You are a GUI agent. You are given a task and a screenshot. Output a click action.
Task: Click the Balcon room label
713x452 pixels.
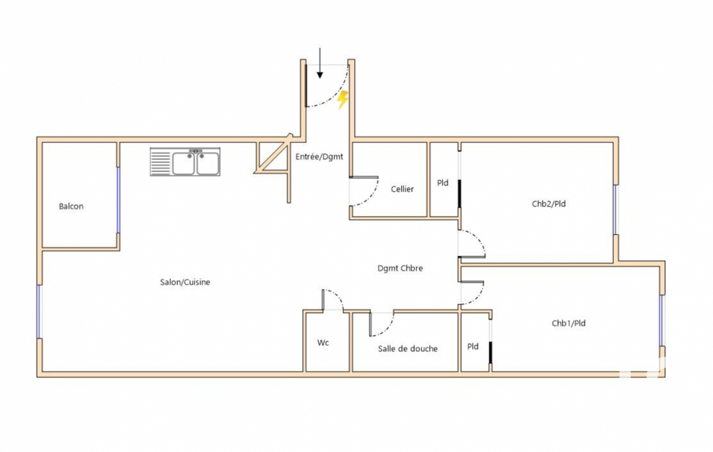pyautogui.click(x=71, y=207)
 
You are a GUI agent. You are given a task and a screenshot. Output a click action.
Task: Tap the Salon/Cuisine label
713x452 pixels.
pyautogui.click(x=185, y=282)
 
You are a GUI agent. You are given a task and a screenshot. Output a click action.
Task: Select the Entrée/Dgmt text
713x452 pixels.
pyautogui.click(x=319, y=157)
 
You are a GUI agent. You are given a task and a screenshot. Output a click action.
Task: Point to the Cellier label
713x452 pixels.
pyautogui.click(x=402, y=189)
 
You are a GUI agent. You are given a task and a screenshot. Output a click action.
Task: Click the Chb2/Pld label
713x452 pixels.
pyautogui.click(x=550, y=204)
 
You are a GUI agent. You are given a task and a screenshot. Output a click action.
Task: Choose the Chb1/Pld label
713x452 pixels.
pyautogui.click(x=569, y=323)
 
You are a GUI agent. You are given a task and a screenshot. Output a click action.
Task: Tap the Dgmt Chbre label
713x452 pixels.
pyautogui.click(x=400, y=268)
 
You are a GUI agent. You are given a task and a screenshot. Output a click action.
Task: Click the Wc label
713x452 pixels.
pyautogui.click(x=323, y=343)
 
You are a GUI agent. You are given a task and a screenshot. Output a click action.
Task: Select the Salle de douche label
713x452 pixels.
pyautogui.click(x=408, y=348)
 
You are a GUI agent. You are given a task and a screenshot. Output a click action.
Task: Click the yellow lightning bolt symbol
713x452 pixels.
pyautogui.click(x=342, y=100)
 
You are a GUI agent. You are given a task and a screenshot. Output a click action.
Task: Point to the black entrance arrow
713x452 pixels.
pyautogui.click(x=320, y=63)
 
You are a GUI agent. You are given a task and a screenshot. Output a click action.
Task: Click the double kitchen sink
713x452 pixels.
pyautogui.click(x=185, y=162)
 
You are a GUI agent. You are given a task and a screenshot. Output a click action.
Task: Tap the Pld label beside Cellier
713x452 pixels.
pyautogui.click(x=442, y=184)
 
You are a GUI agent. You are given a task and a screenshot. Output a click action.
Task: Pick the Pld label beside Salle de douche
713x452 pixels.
pyautogui.click(x=473, y=346)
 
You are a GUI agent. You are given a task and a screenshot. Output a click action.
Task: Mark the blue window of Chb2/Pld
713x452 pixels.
pyautogui.click(x=616, y=209)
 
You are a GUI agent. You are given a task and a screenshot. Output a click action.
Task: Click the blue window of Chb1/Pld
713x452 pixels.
pyautogui.click(x=662, y=321)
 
